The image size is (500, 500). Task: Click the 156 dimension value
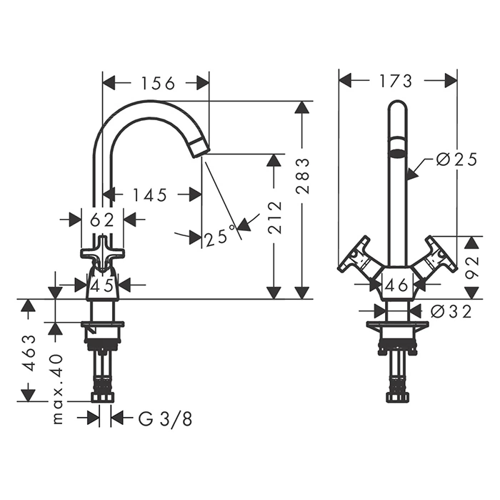(158, 83)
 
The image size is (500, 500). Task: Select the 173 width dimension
(396, 81)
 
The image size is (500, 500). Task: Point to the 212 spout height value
(274, 217)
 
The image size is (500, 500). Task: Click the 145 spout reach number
(149, 195)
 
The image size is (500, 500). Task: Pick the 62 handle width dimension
(102, 220)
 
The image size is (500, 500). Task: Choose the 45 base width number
(102, 285)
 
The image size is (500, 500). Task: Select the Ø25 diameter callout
(456, 160)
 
